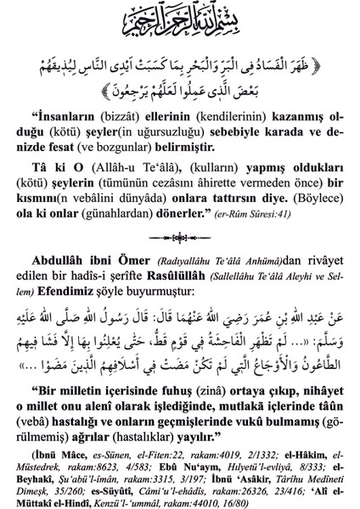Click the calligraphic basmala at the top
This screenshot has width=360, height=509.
pos(180,19)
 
